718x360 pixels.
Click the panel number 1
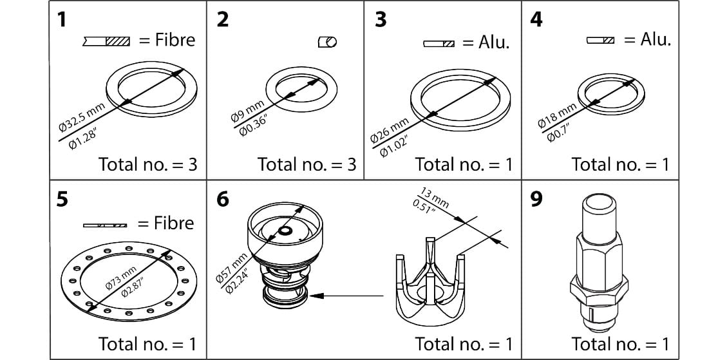point(62,20)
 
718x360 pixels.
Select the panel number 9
point(535,199)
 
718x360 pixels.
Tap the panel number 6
point(222,199)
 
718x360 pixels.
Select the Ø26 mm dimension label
point(390,131)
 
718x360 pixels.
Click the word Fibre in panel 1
point(167,40)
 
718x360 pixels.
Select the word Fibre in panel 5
point(165,223)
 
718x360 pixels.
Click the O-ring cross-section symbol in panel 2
point(327,42)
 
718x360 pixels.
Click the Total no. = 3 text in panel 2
point(307,164)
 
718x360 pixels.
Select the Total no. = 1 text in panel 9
point(620,343)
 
